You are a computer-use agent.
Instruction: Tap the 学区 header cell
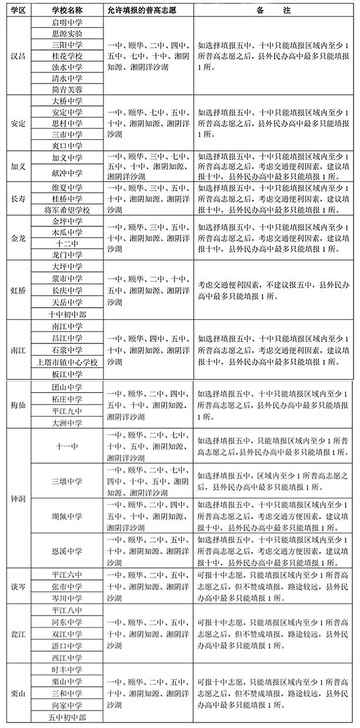18,11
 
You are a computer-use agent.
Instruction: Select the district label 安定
18,123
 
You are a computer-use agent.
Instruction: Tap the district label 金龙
18,238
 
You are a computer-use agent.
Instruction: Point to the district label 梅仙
18,405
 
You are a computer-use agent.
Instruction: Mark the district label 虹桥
18,290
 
